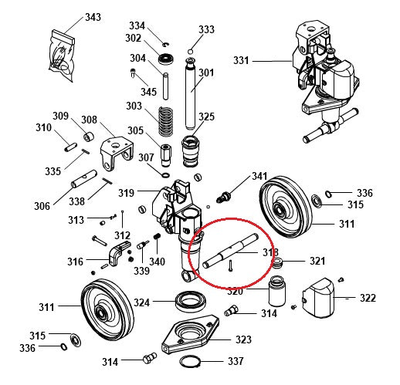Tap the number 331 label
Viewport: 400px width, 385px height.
pos(242,60)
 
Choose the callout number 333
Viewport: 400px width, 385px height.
pos(206,30)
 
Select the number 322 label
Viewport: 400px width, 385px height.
pos(368,298)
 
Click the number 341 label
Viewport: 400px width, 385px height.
pos(259,177)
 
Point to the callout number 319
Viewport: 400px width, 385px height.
pos(127,192)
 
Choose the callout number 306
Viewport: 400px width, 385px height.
pos(42,206)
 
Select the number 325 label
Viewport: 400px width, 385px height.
pos(206,117)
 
